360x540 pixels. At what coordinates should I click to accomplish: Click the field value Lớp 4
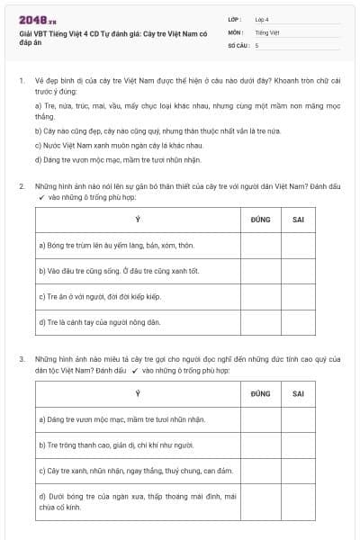coord(262,19)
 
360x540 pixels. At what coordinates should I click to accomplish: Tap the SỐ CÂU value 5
coord(256,44)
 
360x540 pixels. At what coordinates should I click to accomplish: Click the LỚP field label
coord(235,19)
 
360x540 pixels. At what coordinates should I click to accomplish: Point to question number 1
coord(21,81)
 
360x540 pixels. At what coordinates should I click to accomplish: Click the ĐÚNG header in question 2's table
coord(260,219)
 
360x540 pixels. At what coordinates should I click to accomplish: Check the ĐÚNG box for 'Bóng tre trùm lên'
coord(260,245)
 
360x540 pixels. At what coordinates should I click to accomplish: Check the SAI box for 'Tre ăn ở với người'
coord(298,296)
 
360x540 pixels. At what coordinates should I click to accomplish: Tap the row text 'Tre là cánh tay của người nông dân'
coord(100,321)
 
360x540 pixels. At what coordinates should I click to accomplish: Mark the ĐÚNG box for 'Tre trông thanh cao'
coord(260,445)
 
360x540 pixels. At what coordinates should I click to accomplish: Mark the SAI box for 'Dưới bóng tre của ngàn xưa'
coord(298,501)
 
